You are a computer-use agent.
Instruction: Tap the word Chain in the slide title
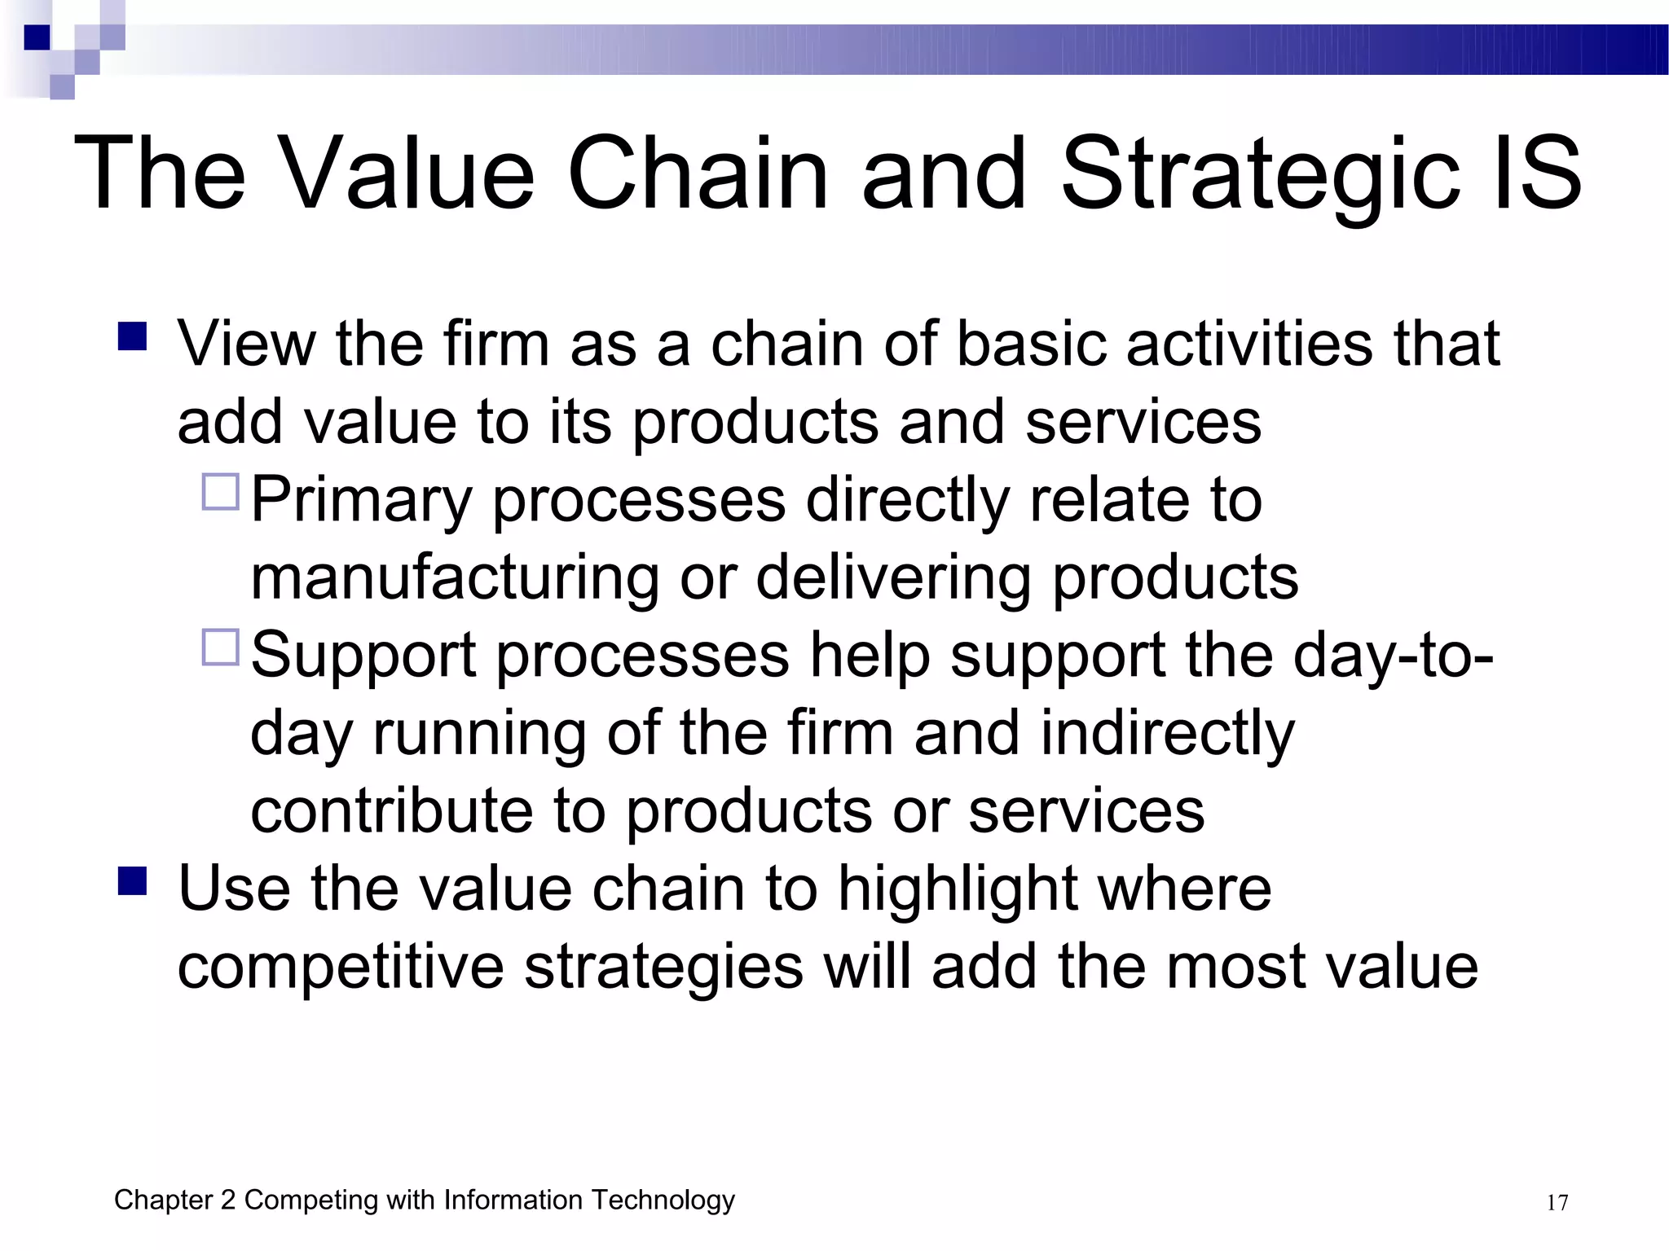coord(698,173)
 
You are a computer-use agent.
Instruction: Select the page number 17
coord(1557,1203)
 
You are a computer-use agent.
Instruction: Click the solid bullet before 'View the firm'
coord(132,336)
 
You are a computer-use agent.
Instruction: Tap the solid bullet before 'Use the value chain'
coord(132,880)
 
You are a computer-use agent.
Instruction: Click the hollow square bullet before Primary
coord(220,492)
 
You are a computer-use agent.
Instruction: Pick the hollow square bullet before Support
coord(220,647)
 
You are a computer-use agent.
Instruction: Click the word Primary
coord(361,500)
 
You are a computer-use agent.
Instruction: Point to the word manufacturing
coord(455,577)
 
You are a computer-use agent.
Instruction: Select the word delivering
coord(893,577)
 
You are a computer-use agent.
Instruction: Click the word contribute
coord(391,810)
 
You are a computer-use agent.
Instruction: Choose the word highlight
coord(958,889)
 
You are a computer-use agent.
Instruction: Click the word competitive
coord(341,967)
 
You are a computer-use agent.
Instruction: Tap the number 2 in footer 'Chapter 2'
coord(227,1201)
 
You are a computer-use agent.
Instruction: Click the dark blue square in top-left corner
coord(37,37)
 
